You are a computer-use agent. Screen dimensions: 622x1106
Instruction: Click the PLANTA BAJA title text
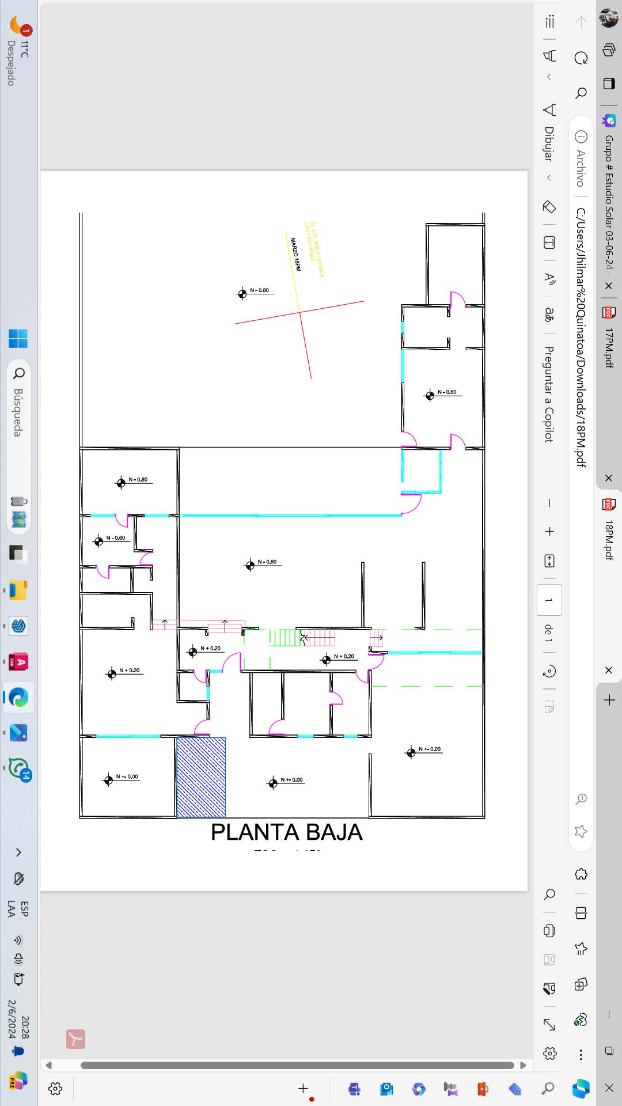pyautogui.click(x=286, y=832)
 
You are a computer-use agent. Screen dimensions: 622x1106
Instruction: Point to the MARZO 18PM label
pyautogui.click(x=295, y=254)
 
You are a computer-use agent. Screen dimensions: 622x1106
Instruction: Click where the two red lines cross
pyautogui.click(x=299, y=312)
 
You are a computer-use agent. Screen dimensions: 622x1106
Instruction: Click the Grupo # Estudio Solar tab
pyautogui.click(x=608, y=202)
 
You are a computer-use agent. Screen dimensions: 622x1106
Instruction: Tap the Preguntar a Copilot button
pyautogui.click(x=549, y=394)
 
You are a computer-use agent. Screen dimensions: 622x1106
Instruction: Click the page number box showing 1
pyautogui.click(x=549, y=600)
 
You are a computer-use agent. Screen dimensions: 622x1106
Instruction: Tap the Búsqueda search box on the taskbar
pyautogui.click(x=18, y=403)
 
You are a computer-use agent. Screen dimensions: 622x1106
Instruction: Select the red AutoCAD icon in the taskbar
pyautogui.click(x=18, y=662)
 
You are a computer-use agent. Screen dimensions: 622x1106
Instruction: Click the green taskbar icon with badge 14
pyautogui.click(x=18, y=768)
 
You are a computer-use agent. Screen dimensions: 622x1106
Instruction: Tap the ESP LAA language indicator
pyautogui.click(x=18, y=908)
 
